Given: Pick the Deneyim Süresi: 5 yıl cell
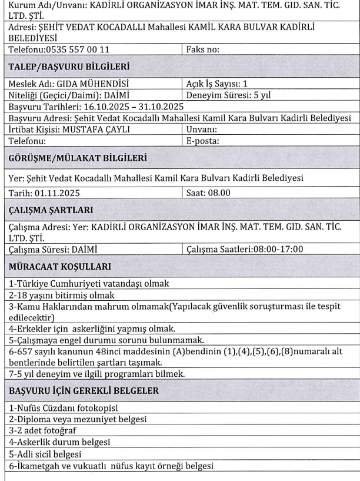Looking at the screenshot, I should click(x=225, y=95).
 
